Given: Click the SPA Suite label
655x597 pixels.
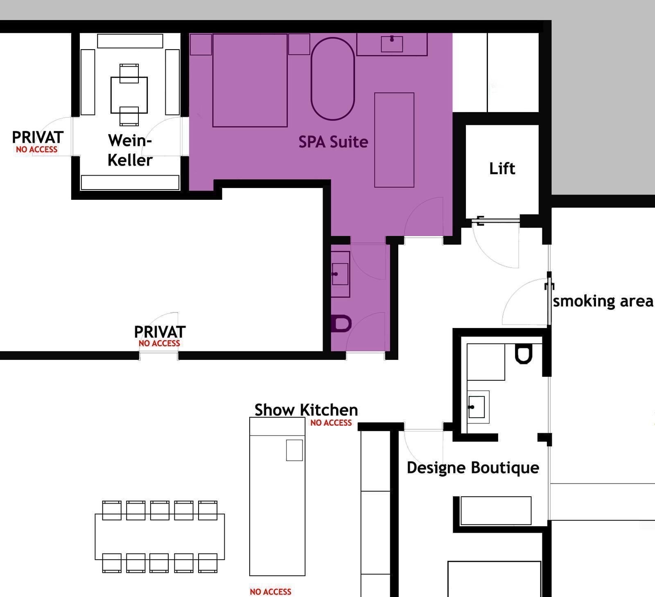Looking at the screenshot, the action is [333, 142].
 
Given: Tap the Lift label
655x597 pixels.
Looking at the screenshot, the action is [502, 168].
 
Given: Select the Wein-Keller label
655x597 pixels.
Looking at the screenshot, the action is [130, 150].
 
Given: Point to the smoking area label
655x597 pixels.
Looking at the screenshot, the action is [603, 301].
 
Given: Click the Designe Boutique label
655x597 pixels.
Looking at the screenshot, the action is [473, 468].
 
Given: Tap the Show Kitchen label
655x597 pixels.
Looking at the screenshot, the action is [306, 409].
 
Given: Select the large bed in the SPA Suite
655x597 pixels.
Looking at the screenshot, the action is [250, 80].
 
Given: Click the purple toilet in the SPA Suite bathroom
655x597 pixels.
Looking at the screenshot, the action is [341, 323].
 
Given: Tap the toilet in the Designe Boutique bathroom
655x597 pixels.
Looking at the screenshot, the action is [523, 354].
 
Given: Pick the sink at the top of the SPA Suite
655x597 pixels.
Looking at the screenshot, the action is [392, 44].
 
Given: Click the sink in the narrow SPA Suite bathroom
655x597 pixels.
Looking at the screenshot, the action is [340, 274].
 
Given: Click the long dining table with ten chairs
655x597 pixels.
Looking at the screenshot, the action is [160, 536].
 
